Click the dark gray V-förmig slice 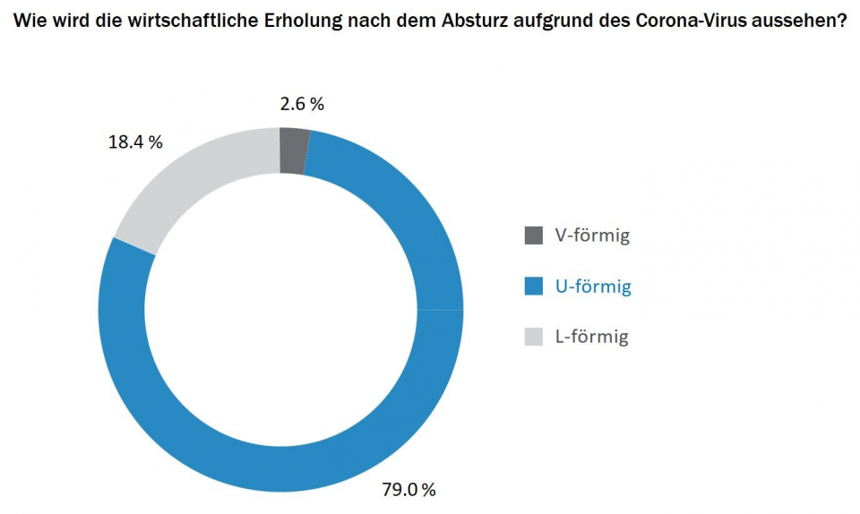coord(294,150)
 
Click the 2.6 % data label coord(302,104)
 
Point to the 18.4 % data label coord(135,142)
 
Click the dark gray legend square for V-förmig coord(533,236)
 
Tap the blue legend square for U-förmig coord(533,287)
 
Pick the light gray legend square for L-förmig coord(533,337)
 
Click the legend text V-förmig coord(592,236)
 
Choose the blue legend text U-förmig coord(593,287)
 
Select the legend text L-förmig coord(591,337)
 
